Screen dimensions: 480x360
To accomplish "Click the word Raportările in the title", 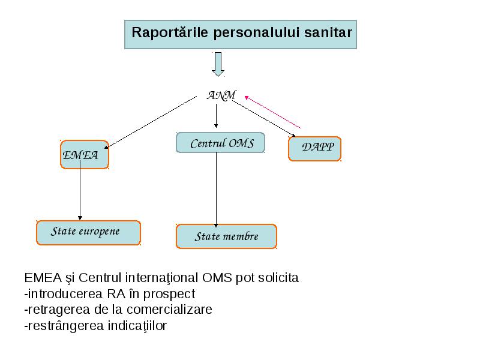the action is coord(170,32).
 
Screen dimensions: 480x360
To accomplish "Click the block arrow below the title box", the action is coord(218,64).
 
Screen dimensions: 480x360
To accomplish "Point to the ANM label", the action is coord(221,95).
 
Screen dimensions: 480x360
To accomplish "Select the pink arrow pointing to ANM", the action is coord(272,112).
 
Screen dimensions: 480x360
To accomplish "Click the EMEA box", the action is coord(85,155).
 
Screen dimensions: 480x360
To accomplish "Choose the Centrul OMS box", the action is coord(220,143).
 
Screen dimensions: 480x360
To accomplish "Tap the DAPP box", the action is coord(314,149).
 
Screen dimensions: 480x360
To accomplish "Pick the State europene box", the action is coord(88,233).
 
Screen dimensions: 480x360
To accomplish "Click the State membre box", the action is coord(226,236).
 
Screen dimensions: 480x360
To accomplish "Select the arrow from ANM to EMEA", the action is coord(151,122).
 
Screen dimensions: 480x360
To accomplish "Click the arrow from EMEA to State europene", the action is coord(80,190).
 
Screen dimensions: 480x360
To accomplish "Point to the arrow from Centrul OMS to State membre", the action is coord(216,190).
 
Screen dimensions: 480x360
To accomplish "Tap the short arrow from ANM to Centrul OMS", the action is coord(216,116).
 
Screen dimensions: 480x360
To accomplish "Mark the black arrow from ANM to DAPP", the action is coord(264,118).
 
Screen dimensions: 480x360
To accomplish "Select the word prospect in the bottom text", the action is coord(169,295).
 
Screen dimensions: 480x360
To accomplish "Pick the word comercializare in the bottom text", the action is coord(169,310).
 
